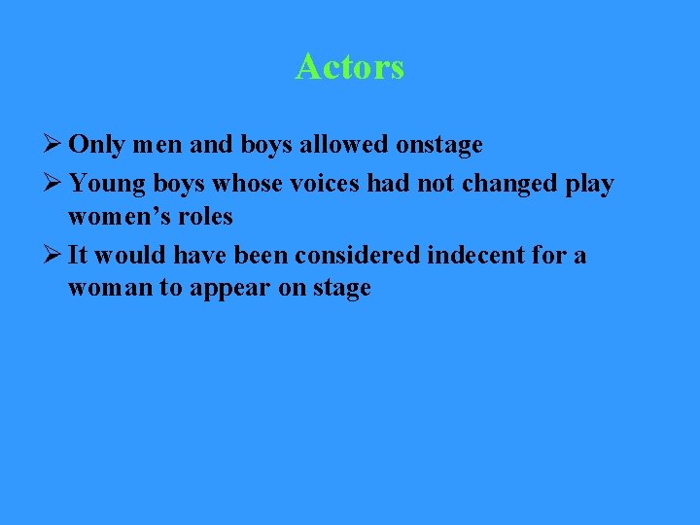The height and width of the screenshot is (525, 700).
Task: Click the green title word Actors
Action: click(350, 67)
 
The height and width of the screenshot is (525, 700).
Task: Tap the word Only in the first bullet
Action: click(97, 146)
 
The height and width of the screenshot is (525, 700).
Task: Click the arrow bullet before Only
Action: click(53, 146)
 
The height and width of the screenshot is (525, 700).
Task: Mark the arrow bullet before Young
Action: click(53, 182)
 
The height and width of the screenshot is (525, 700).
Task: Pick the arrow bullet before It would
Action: click(53, 255)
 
